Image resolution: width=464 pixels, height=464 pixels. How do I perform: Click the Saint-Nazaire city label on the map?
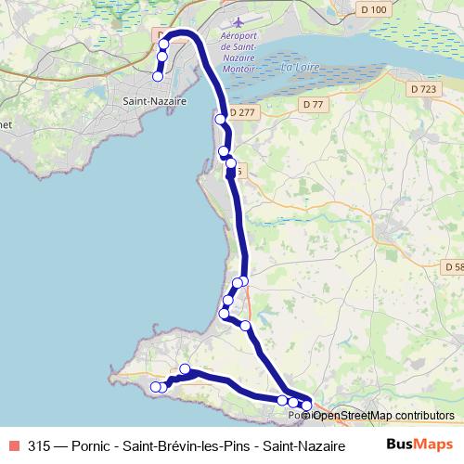click(155, 100)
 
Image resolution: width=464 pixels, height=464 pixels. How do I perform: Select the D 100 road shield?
click(372, 9)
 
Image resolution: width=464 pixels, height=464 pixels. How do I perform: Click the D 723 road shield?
click(421, 89)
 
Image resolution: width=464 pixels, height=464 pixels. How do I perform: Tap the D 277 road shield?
click(242, 112)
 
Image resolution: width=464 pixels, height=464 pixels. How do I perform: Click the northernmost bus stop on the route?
click(164, 44)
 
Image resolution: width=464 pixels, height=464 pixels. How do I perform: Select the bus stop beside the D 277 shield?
click(221, 119)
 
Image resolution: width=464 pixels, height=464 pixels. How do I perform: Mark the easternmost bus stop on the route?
click(306, 406)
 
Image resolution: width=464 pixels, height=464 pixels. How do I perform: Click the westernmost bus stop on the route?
click(156, 387)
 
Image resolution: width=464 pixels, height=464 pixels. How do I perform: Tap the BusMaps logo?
click(413, 444)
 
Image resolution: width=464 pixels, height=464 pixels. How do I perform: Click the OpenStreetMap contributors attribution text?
click(383, 416)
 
